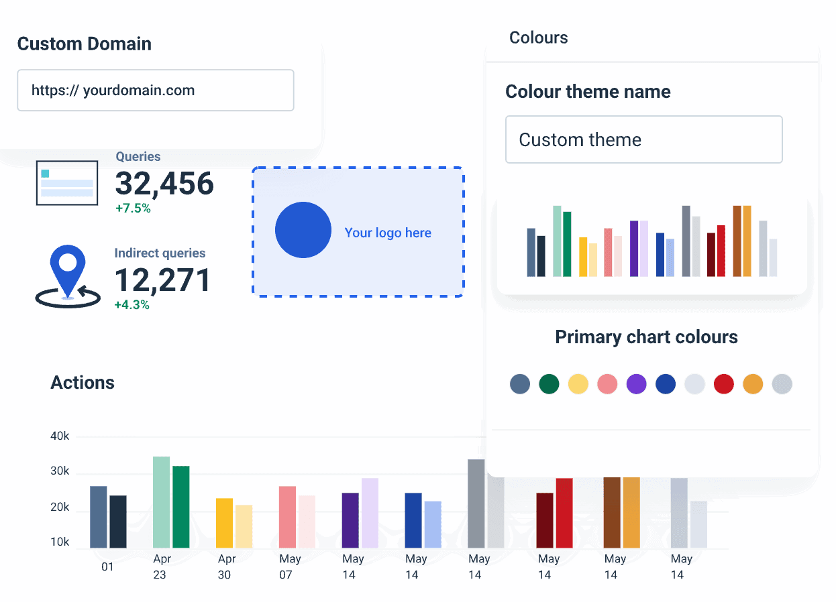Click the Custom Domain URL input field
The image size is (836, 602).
(x=155, y=91)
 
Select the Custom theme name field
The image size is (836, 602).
(x=643, y=139)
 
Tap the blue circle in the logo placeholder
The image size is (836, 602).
(x=303, y=230)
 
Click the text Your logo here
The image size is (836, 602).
(x=388, y=233)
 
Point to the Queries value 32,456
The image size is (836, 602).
(x=164, y=184)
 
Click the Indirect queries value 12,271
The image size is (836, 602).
(x=162, y=280)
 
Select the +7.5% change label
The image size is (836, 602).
(x=133, y=208)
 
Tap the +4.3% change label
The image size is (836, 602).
(x=132, y=305)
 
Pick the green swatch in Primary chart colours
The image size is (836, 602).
(x=549, y=384)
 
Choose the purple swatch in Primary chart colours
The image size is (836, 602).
(x=636, y=384)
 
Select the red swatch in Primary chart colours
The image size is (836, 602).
(x=723, y=384)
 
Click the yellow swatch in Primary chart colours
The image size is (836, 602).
(x=578, y=384)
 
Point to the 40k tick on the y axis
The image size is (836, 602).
(x=60, y=436)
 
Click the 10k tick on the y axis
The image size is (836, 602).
(x=60, y=542)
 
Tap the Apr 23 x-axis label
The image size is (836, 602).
(x=161, y=566)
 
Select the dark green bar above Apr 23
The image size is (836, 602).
(x=181, y=507)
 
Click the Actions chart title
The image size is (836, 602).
(x=83, y=383)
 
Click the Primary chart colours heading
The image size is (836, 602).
(x=646, y=337)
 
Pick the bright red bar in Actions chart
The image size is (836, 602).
(x=564, y=513)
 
